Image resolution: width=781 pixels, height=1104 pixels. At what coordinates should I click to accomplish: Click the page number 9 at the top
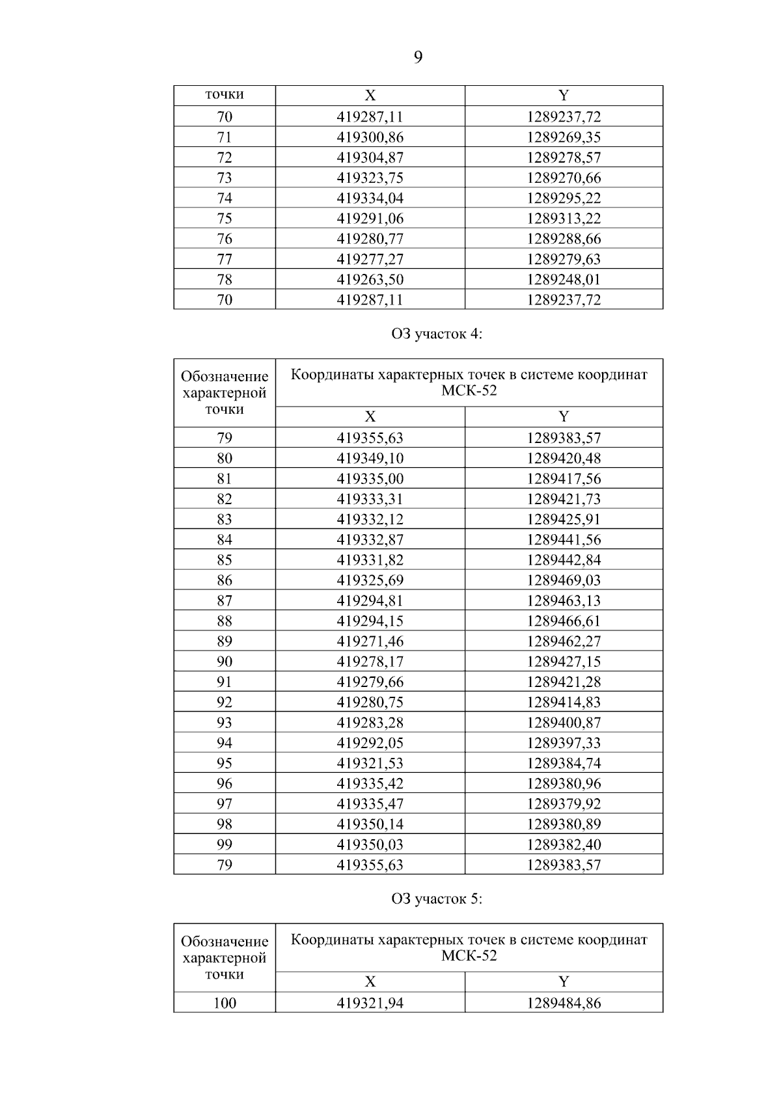(x=418, y=58)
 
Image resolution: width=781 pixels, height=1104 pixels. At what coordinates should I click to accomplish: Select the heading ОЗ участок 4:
(x=437, y=334)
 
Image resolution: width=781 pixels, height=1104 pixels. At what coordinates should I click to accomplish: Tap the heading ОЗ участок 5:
(x=437, y=899)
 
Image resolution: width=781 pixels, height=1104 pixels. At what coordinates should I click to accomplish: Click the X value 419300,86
(x=370, y=137)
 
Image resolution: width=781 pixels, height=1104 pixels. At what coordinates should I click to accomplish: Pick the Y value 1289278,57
(x=564, y=157)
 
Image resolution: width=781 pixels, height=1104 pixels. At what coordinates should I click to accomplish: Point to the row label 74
(x=225, y=198)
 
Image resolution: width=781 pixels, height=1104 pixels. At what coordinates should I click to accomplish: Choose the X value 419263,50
(x=370, y=279)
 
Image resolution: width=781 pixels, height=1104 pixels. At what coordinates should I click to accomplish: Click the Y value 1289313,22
(x=564, y=218)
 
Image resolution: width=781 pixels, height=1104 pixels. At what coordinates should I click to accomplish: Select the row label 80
(x=225, y=458)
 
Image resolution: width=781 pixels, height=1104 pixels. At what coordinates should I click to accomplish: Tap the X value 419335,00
(x=370, y=479)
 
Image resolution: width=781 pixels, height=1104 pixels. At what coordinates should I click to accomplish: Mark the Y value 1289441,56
(x=564, y=539)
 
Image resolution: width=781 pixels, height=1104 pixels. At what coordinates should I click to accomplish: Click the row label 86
(x=225, y=580)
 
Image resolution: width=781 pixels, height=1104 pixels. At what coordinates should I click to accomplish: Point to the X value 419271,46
(x=370, y=641)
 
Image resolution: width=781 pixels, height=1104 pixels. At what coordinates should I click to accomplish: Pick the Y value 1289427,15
(x=564, y=662)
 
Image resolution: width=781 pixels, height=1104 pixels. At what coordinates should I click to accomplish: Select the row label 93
(x=225, y=722)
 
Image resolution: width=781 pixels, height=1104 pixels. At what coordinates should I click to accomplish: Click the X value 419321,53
(x=370, y=763)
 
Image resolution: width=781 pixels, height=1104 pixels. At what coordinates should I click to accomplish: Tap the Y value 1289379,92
(x=564, y=803)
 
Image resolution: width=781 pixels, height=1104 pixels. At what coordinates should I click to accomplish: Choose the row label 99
(x=225, y=844)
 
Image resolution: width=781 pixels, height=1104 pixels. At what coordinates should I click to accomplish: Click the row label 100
(x=225, y=1003)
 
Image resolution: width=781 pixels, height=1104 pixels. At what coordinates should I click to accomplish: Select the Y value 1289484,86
(x=564, y=1003)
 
